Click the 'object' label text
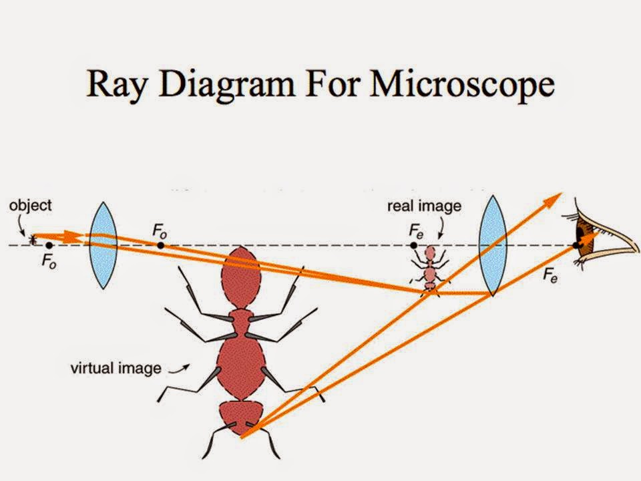(30, 206)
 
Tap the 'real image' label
(424, 206)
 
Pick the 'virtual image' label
(116, 367)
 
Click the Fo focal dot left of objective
(49, 245)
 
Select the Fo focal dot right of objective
(161, 245)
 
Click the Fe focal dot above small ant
(414, 246)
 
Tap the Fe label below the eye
(550, 275)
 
